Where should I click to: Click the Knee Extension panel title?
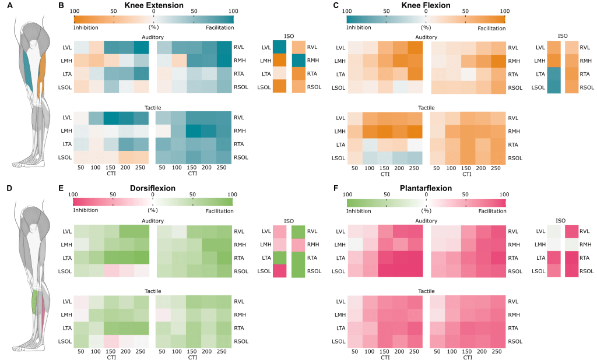point(153,5)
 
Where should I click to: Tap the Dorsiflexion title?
point(153,189)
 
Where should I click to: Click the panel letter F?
point(336,189)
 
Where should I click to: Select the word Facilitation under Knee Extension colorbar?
point(220,27)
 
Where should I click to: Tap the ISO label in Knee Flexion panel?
point(562,36)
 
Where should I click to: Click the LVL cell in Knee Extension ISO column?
point(279,47)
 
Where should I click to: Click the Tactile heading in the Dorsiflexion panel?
point(153,291)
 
